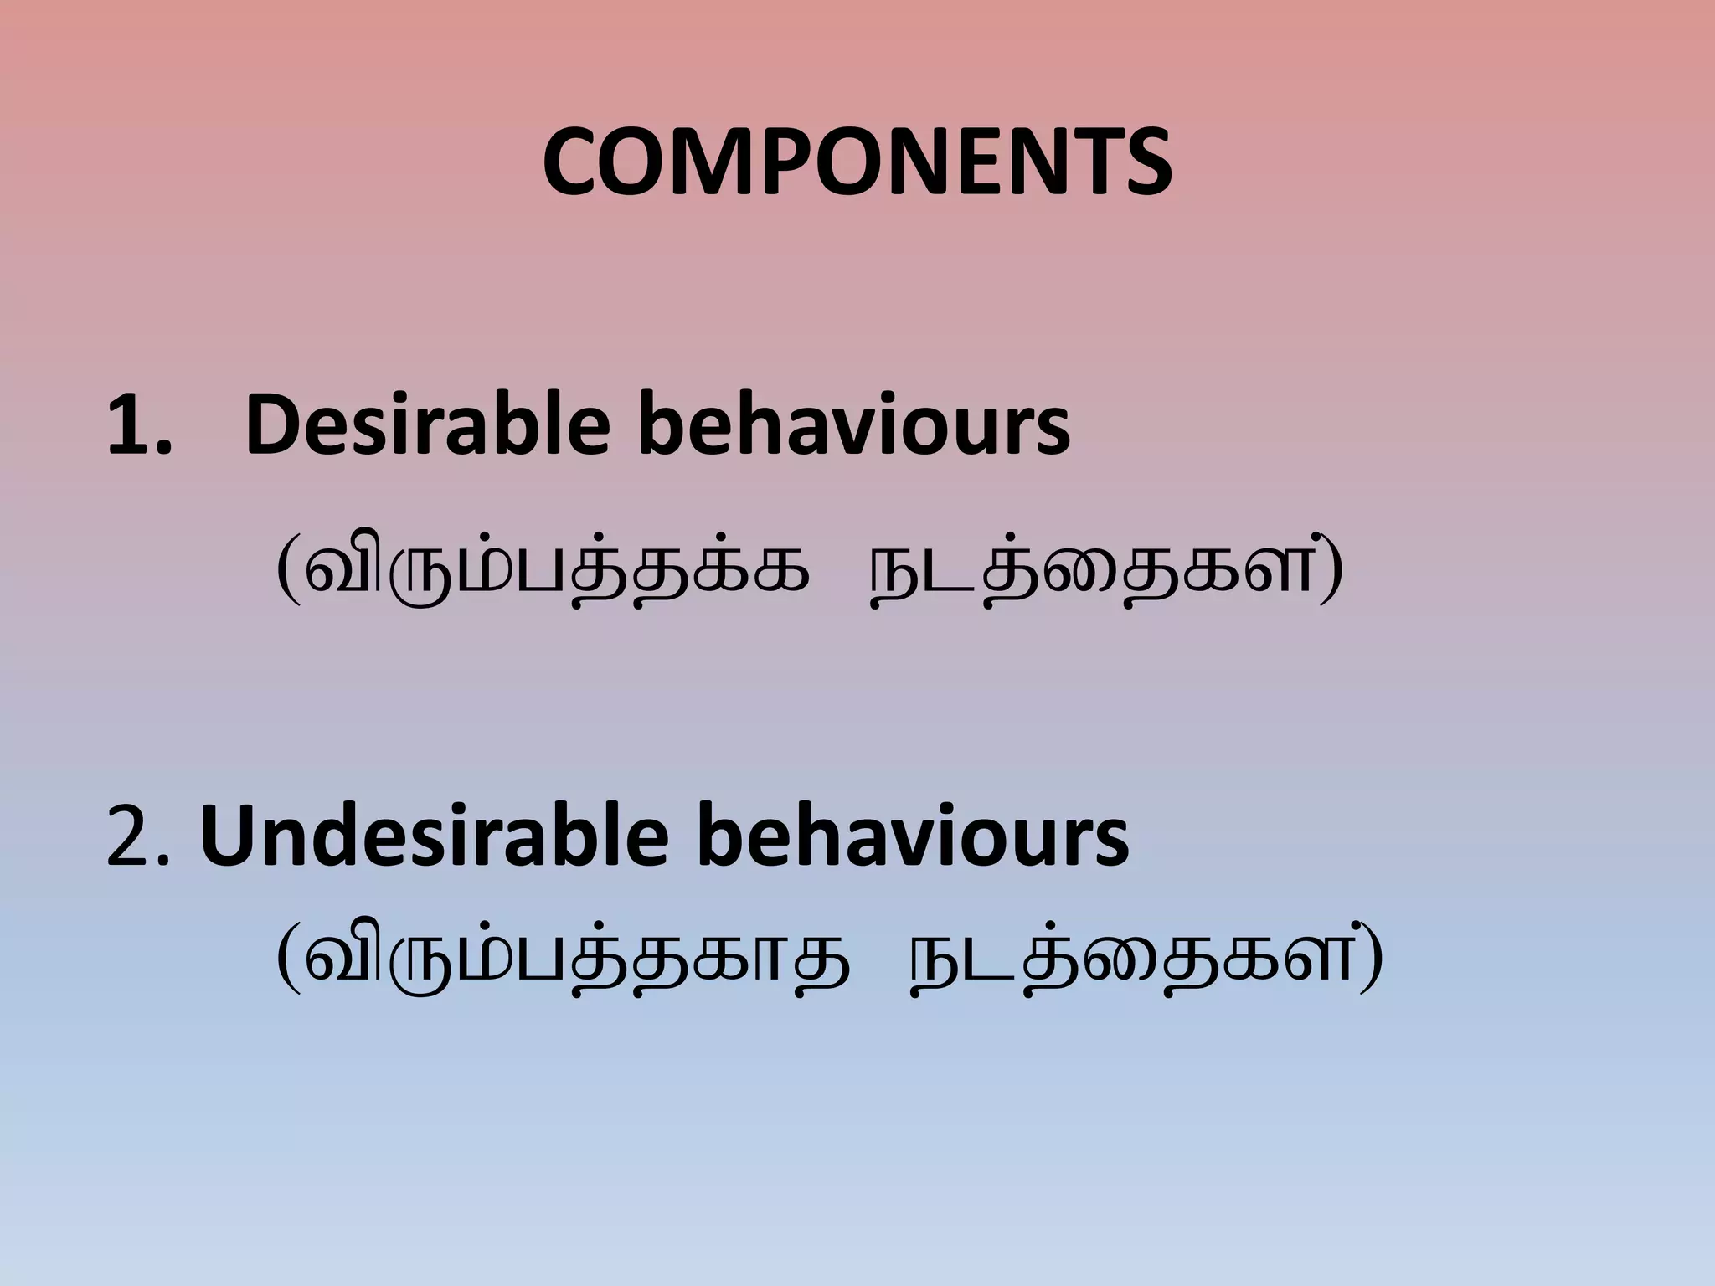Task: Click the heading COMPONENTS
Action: click(x=857, y=163)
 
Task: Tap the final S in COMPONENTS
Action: click(x=1143, y=163)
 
